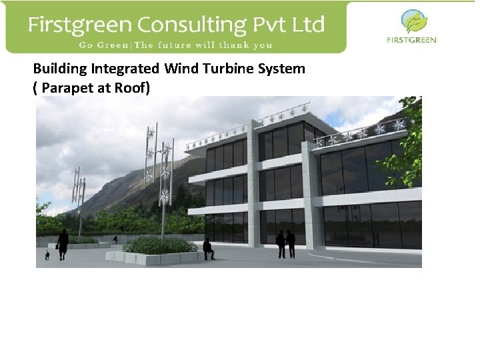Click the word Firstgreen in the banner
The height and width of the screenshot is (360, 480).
pos(79,25)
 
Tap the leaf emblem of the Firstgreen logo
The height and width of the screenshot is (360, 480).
pos(414,21)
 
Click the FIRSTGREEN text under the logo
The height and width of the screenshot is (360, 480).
pos(412,40)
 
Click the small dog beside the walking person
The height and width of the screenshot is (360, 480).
pos(47,255)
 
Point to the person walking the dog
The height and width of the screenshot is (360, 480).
pos(63,243)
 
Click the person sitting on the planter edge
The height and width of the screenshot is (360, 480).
pos(208,248)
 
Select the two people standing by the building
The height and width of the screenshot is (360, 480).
pos(286,244)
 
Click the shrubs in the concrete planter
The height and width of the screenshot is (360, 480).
pos(160,245)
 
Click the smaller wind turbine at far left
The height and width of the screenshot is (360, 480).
pos(79,197)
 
